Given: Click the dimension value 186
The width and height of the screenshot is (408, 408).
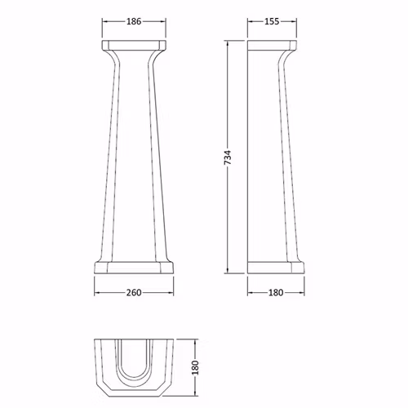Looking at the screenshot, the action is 134,21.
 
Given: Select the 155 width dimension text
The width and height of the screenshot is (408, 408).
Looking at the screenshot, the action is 272,21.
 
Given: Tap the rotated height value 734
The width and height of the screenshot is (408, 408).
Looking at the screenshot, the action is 227,157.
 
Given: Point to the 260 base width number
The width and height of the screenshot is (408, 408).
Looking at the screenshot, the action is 134,293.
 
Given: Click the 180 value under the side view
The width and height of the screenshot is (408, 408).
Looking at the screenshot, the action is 276,293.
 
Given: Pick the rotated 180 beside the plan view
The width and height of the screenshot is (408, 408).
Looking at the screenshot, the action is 195,367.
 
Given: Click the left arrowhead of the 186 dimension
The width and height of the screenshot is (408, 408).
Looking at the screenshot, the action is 104,21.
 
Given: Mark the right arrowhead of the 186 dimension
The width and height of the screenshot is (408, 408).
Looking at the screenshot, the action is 163,21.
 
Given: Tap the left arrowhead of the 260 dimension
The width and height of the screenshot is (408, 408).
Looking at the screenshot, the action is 97,293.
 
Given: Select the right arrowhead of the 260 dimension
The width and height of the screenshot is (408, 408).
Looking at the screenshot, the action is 171,293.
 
